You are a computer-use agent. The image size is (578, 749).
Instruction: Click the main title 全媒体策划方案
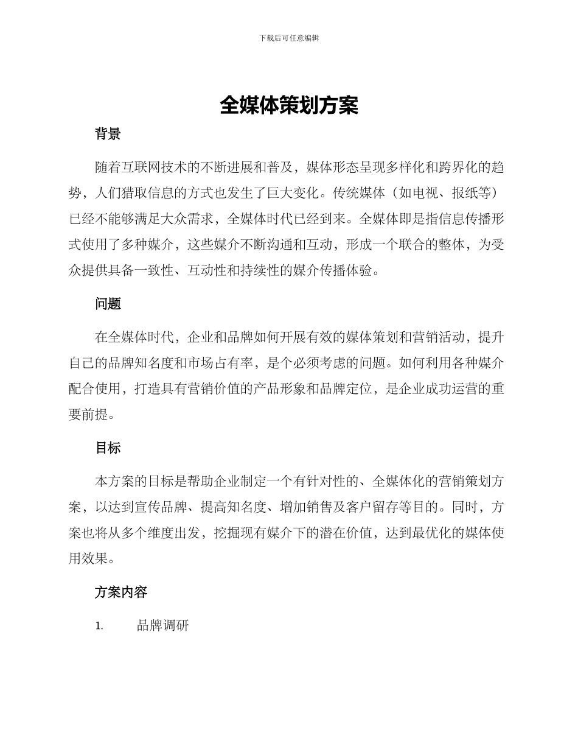289,105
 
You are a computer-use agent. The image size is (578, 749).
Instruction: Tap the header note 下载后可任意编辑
289,38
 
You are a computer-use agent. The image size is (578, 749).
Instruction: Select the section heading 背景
108,135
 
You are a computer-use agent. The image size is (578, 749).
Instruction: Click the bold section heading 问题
108,304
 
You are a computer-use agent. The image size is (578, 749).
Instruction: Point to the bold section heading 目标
108,448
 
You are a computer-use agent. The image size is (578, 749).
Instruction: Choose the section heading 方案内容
121,592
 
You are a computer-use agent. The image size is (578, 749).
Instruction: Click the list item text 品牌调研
163,625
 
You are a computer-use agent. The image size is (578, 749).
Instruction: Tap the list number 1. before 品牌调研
99,626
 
